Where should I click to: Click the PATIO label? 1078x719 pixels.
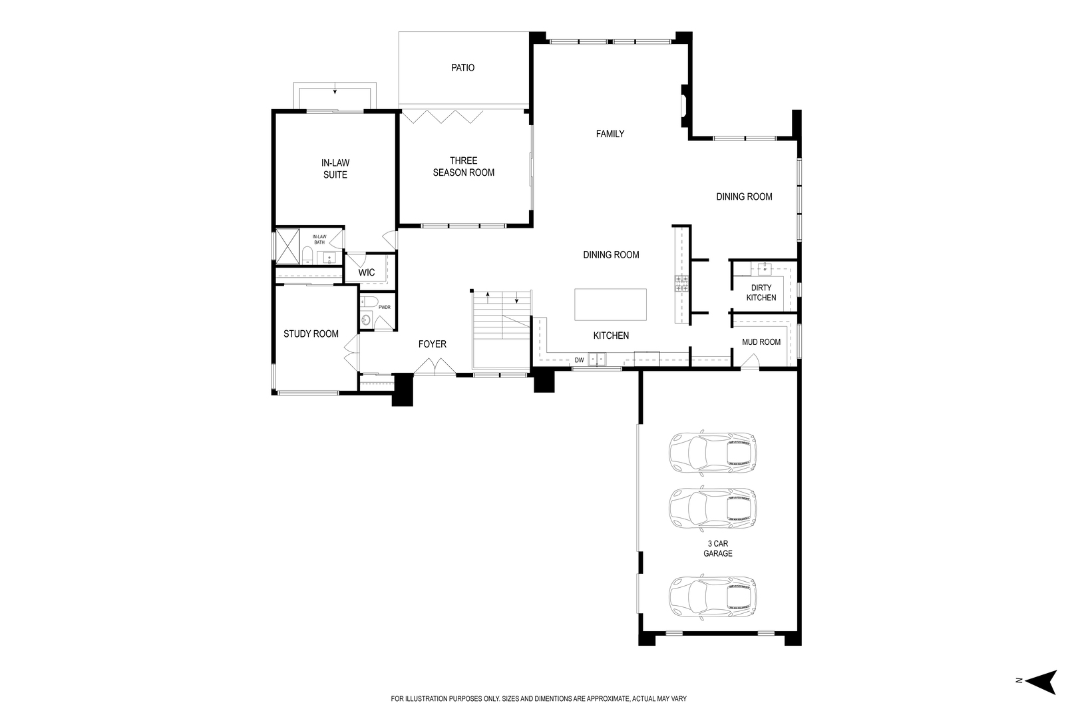462,68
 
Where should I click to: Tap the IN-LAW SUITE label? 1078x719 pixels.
335,168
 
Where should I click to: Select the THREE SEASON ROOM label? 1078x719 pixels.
463,166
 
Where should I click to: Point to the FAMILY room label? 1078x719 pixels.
610,134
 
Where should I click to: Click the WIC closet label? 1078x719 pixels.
366,272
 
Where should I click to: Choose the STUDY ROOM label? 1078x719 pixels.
311,334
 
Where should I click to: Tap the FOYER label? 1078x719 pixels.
432,344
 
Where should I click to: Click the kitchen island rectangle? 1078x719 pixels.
610,304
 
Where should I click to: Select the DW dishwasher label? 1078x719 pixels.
579,360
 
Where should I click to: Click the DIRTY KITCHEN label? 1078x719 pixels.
761,293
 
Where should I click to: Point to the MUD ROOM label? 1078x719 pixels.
761,342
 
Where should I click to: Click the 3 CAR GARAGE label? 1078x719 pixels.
717,549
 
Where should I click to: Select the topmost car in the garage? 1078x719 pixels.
712,453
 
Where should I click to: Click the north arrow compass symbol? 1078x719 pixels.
1041,681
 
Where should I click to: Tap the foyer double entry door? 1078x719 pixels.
433,366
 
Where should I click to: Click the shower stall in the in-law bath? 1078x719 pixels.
288,246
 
